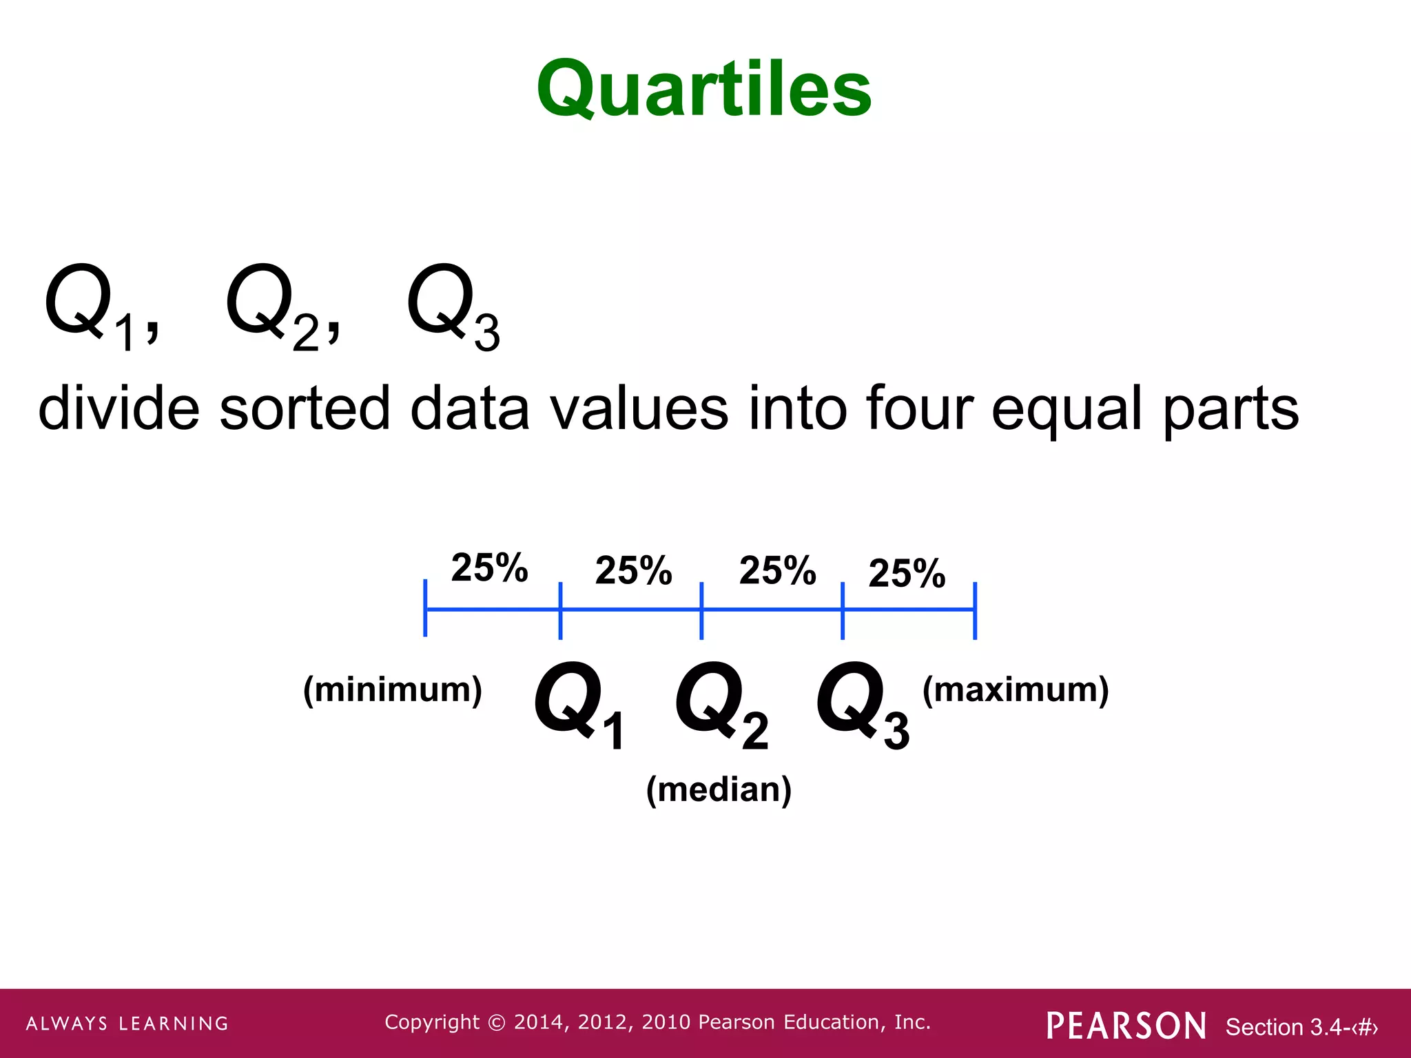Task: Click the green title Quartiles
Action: [x=704, y=90]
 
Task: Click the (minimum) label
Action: [x=393, y=689]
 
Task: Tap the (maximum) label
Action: [x=1016, y=689]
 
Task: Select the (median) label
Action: [x=719, y=789]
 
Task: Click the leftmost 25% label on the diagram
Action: [x=489, y=568]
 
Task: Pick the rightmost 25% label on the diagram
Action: [x=907, y=573]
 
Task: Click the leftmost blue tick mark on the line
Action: [x=425, y=608]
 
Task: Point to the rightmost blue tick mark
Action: [x=975, y=610]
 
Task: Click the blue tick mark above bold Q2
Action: [x=701, y=610]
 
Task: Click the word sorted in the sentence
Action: [x=305, y=409]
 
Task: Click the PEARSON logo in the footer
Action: [x=1126, y=1026]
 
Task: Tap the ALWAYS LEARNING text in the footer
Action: [x=127, y=1024]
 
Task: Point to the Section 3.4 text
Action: [x=1301, y=1027]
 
